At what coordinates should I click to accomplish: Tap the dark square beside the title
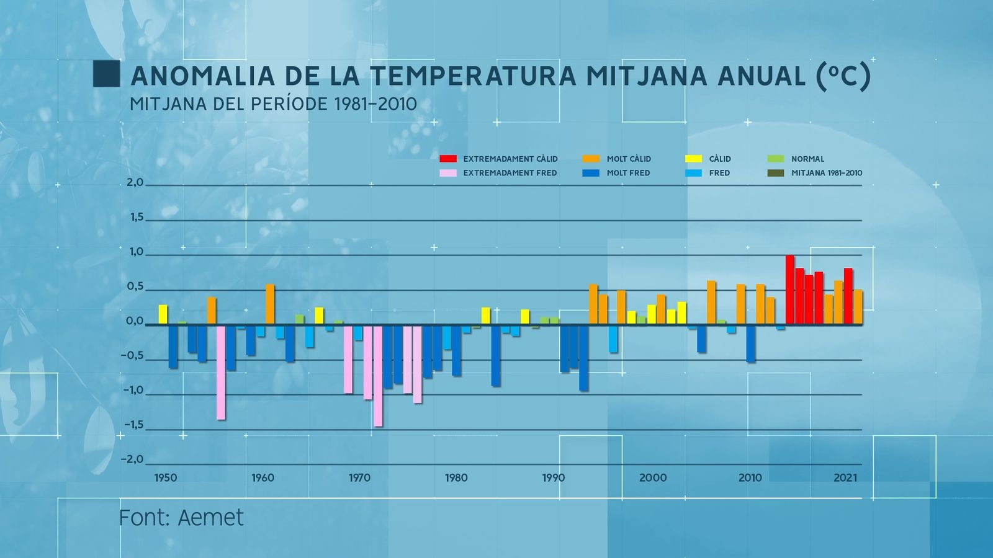[106, 74]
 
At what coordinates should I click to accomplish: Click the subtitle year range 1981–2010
[375, 104]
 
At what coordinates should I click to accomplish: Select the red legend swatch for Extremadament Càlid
[447, 159]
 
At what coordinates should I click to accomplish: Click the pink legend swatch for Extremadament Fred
[447, 173]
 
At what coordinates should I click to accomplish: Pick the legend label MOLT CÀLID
[629, 159]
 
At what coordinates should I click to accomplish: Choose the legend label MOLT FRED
[628, 173]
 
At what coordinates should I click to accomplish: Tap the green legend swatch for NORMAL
[776, 159]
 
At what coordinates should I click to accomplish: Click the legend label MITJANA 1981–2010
[826, 173]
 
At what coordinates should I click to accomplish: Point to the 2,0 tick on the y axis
[135, 183]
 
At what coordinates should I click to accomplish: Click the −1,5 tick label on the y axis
[133, 425]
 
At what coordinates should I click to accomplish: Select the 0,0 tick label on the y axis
[135, 321]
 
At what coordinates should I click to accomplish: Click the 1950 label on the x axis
[165, 478]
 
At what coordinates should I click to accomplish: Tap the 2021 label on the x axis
[845, 478]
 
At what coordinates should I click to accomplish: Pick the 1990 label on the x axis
[554, 478]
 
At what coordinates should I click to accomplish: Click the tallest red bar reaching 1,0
[789, 289]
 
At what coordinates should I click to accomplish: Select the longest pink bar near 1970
[378, 375]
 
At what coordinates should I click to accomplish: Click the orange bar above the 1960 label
[270, 304]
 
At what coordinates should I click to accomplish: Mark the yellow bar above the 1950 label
[163, 314]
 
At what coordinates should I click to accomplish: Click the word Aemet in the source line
[211, 518]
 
